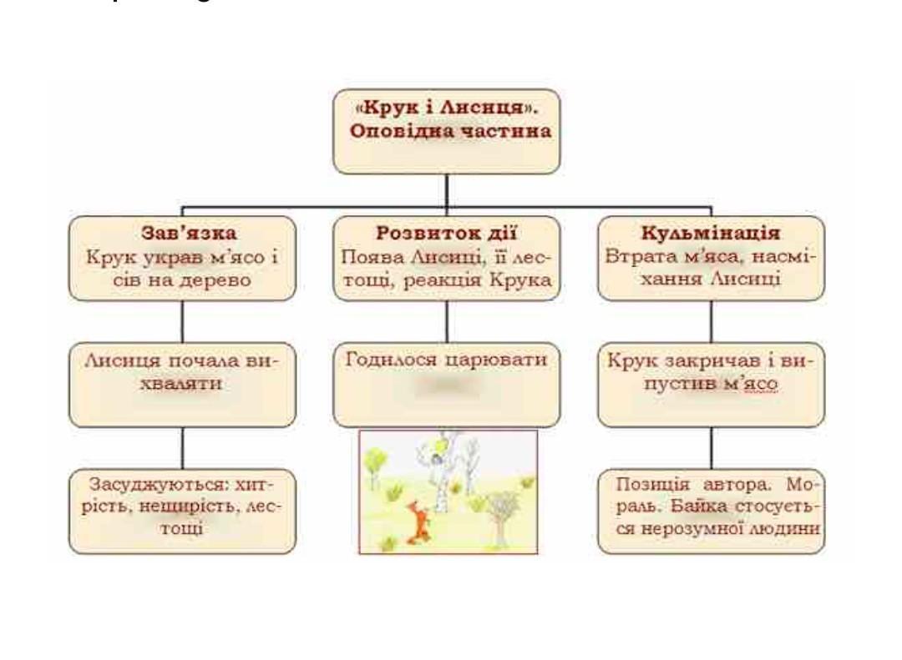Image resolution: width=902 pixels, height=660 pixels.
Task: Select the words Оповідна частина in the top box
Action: pyautogui.click(x=450, y=131)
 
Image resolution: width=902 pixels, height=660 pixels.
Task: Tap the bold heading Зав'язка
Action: pyautogui.click(x=189, y=233)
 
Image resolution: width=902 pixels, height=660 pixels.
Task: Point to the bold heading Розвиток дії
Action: pyautogui.click(x=446, y=233)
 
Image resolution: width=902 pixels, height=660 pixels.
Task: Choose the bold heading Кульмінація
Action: pyautogui.click(x=711, y=233)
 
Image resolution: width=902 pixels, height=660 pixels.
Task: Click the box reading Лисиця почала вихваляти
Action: pyautogui.click(x=182, y=385)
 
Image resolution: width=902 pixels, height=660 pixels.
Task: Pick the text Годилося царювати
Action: pyautogui.click(x=446, y=360)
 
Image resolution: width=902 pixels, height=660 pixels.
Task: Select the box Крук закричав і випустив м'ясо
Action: pyautogui.click(x=711, y=385)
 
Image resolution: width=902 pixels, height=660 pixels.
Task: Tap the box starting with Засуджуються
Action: pyautogui.click(x=182, y=511)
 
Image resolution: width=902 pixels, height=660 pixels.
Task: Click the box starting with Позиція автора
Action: pyautogui.click(x=711, y=511)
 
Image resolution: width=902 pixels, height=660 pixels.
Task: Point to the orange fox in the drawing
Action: pyautogui.click(x=418, y=523)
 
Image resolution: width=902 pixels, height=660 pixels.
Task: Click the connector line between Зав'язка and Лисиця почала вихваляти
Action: pyautogui.click(x=182, y=321)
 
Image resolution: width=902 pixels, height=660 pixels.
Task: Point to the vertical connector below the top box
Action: pyautogui.click(x=446, y=189)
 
